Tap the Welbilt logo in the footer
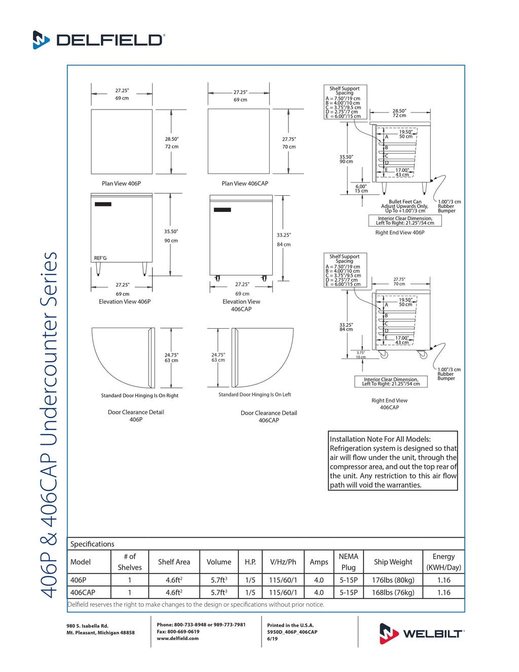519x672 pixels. (x=421, y=633)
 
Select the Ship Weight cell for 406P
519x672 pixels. (x=393, y=580)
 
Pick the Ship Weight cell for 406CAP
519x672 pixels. (x=393, y=592)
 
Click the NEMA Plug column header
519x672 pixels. (x=348, y=562)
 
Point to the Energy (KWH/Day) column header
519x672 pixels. (x=443, y=562)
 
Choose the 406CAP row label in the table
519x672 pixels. (x=83, y=592)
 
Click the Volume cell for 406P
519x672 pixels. (x=219, y=580)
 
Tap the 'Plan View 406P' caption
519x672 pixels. (x=121, y=184)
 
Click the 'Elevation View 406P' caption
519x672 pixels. (x=125, y=302)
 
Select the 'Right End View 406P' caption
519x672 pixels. (x=399, y=233)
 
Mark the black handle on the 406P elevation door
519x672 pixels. (x=103, y=204)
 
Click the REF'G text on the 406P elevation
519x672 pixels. (x=100, y=258)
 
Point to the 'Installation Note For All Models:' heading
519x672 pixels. (x=380, y=439)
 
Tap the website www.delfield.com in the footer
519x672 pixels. (x=177, y=639)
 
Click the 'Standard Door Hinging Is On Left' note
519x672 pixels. (x=254, y=395)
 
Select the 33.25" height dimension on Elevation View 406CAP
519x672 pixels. (x=284, y=235)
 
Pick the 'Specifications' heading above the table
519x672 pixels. (x=92, y=544)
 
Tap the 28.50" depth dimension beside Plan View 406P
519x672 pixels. (x=171, y=139)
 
